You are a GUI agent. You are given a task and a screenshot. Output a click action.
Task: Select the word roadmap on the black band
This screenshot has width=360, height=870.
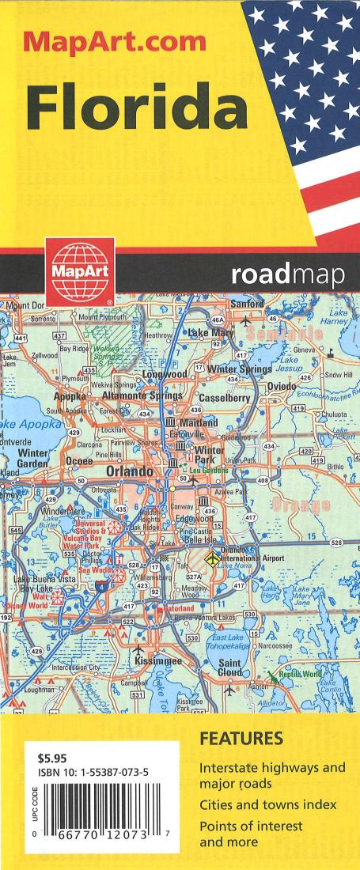point(288,277)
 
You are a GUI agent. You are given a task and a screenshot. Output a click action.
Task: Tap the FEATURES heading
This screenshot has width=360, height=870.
point(241,740)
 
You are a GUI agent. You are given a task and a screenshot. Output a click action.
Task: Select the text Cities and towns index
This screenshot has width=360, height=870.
point(267,804)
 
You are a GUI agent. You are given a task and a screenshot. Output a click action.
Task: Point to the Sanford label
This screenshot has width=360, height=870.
point(247,304)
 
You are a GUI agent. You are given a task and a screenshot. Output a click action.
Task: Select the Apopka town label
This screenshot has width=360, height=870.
point(75,395)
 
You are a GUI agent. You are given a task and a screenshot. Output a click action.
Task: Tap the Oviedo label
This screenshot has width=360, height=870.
point(282,386)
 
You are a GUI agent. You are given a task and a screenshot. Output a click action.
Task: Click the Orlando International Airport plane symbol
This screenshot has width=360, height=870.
point(212,559)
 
